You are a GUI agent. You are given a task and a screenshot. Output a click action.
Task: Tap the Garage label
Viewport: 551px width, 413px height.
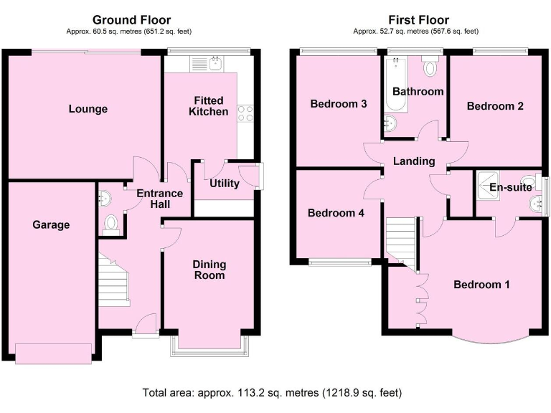click(x=51, y=224)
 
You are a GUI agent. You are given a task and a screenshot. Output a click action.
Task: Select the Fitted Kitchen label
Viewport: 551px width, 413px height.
click(x=208, y=106)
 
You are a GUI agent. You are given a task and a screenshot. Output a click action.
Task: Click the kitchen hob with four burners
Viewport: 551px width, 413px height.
click(x=245, y=113)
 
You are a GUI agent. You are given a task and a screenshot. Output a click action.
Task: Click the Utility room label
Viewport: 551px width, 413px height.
click(x=224, y=184)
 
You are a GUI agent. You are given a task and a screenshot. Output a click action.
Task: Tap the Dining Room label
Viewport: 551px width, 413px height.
click(x=208, y=270)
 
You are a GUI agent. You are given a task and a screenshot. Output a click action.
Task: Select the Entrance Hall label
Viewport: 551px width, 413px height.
click(x=159, y=199)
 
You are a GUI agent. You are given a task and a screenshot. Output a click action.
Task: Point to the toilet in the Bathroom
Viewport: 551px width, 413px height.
click(x=430, y=67)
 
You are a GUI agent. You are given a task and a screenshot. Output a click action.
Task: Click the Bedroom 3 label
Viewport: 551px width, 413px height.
click(x=339, y=104)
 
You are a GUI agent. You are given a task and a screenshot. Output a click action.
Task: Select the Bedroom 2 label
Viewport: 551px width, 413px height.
click(x=495, y=106)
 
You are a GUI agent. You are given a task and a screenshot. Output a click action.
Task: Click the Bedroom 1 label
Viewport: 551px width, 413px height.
click(x=481, y=285)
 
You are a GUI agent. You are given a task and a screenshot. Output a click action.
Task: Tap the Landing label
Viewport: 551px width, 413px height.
click(x=414, y=161)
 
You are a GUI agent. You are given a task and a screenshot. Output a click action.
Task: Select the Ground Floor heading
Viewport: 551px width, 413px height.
click(x=132, y=19)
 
